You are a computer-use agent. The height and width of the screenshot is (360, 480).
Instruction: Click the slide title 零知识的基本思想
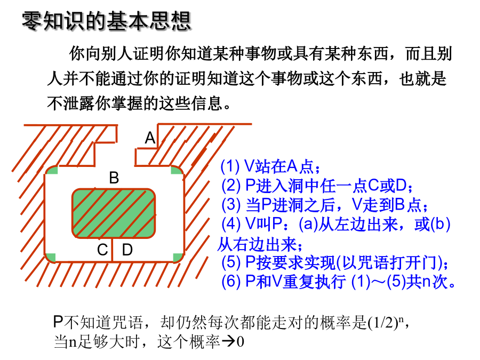pyautogui.click(x=107, y=21)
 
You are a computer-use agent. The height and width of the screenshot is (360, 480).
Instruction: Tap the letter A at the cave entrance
pyautogui.click(x=150, y=138)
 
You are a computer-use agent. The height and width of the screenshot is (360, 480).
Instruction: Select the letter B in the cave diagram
pyautogui.click(x=114, y=178)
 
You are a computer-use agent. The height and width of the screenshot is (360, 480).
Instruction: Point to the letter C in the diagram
pyautogui.click(x=102, y=250)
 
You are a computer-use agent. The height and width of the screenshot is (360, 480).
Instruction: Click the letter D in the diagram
pyautogui.click(x=127, y=250)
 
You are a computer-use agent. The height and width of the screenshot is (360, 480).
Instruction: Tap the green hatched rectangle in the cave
pyautogui.click(x=114, y=213)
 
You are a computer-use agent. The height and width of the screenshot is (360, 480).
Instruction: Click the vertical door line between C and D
pyautogui.click(x=113, y=250)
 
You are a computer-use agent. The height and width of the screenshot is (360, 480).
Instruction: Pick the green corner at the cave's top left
pyautogui.click(x=51, y=170)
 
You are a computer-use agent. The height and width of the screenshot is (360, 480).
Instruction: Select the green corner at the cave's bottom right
pyautogui.click(x=178, y=258)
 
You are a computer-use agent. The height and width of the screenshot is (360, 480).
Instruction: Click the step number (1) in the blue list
pyautogui.click(x=230, y=166)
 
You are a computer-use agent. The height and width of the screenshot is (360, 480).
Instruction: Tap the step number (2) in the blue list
pyautogui.click(x=231, y=185)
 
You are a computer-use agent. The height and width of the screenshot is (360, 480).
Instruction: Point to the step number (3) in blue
pyautogui.click(x=231, y=204)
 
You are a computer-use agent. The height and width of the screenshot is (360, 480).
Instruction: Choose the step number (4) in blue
pyautogui.click(x=231, y=224)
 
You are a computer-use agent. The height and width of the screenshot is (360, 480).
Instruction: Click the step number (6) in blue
pyautogui.click(x=231, y=281)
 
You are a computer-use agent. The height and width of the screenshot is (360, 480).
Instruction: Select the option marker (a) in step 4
pyautogui.click(x=308, y=224)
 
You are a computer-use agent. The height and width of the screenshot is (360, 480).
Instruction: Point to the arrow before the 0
pyautogui.click(x=228, y=341)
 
